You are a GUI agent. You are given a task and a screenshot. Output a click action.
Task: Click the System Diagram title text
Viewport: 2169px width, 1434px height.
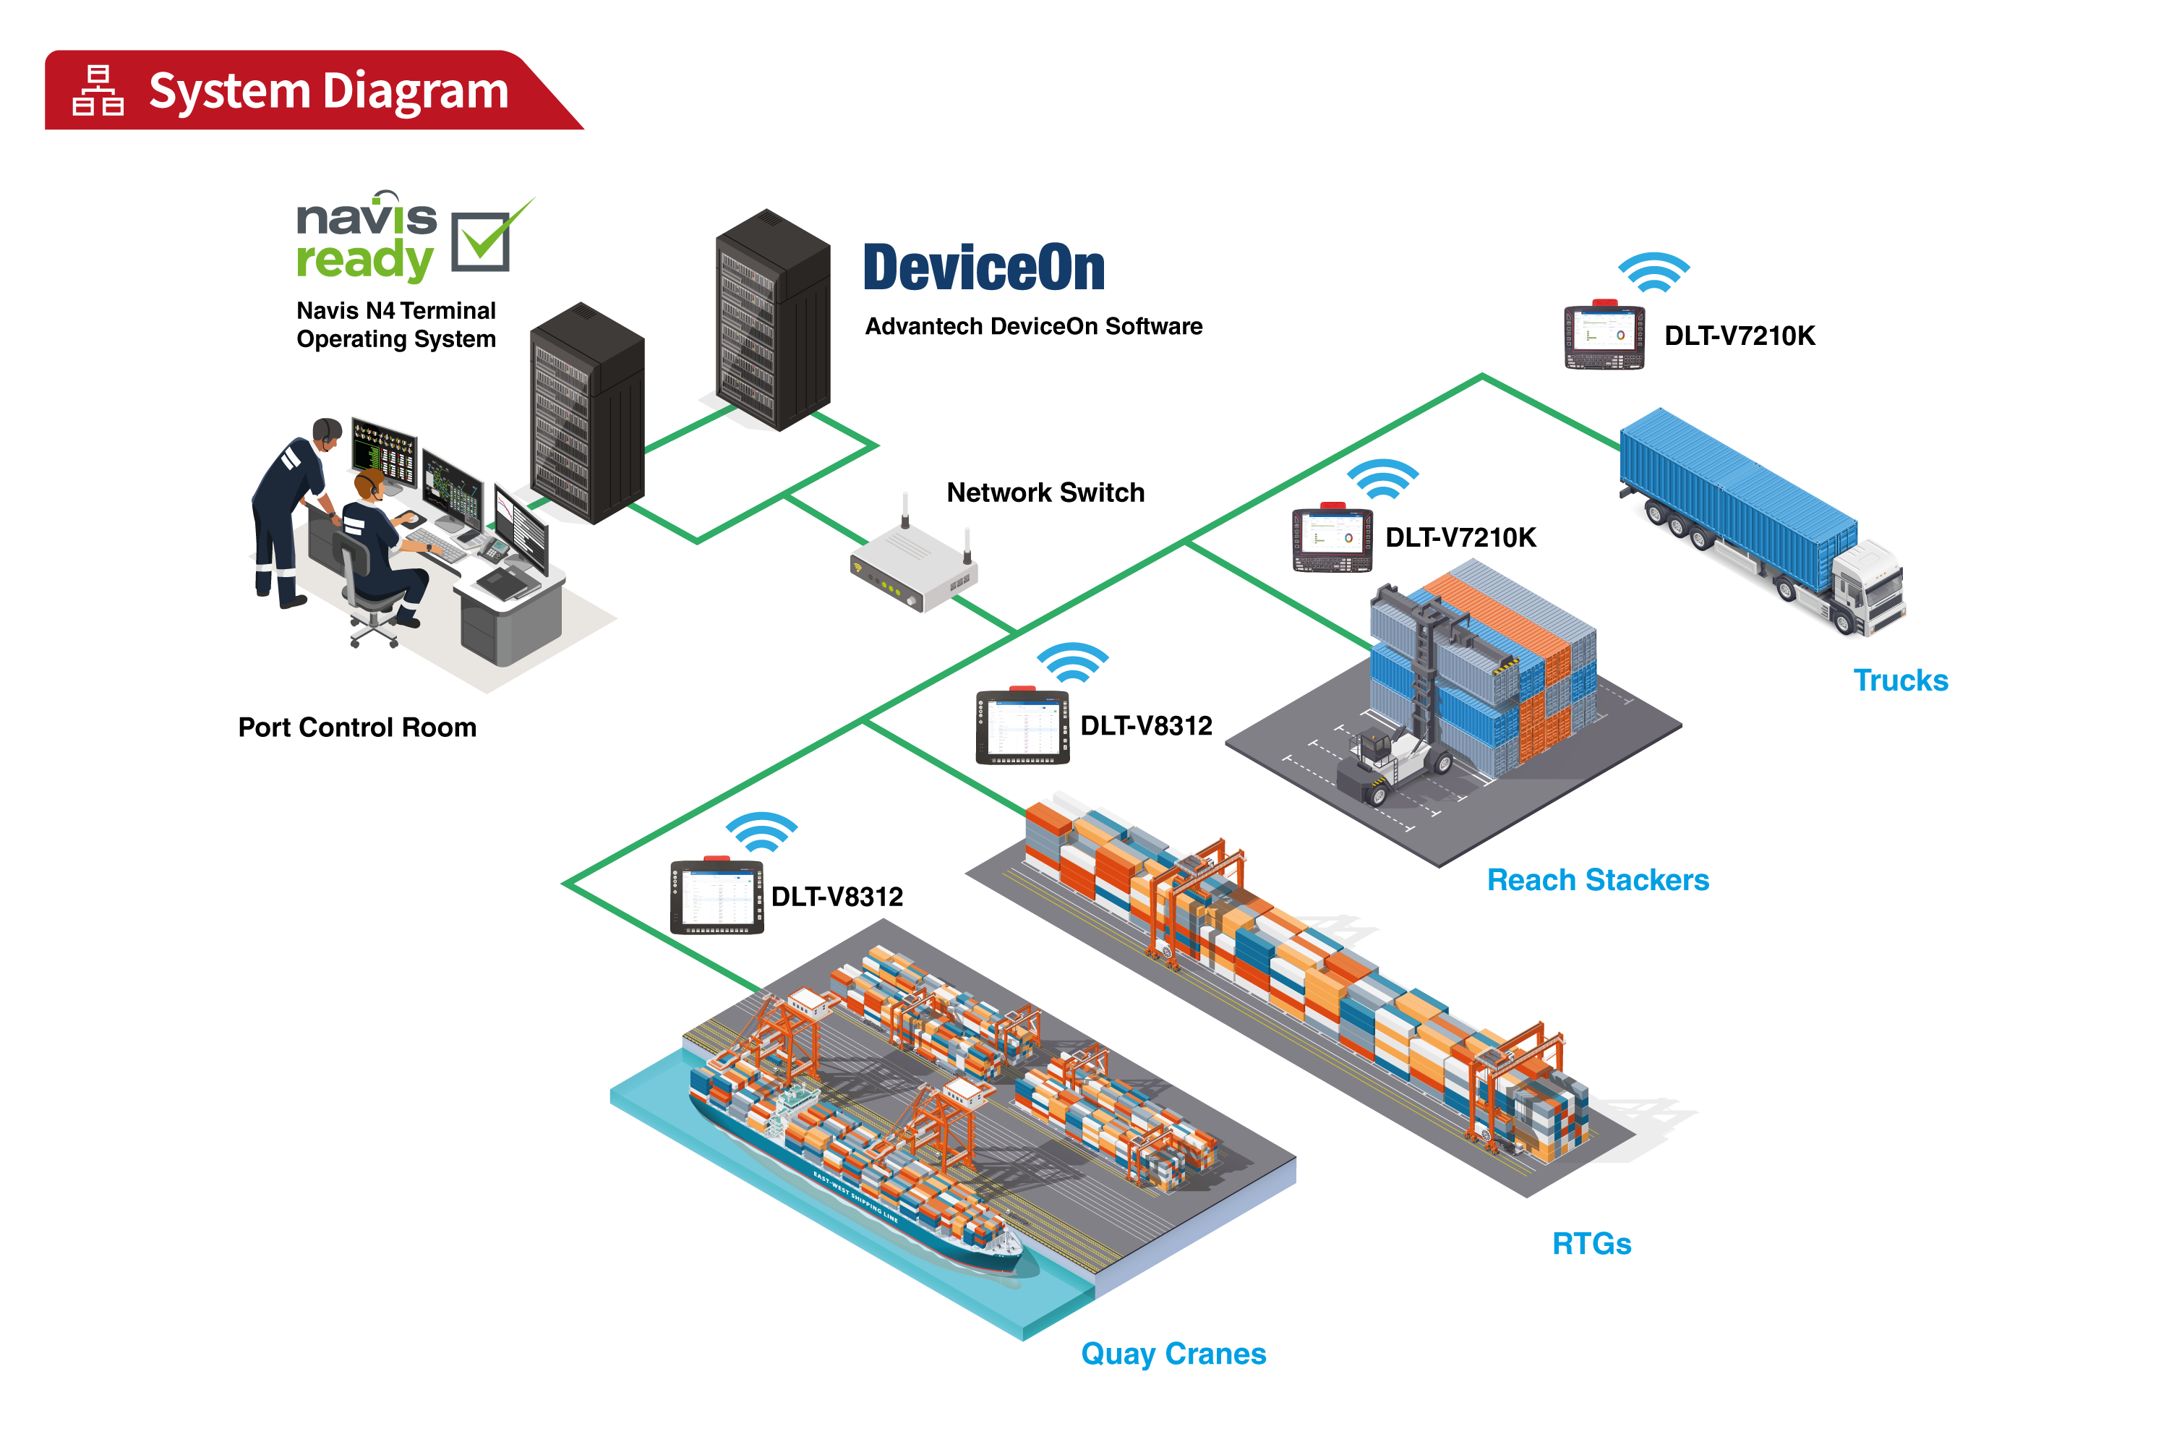pos(328,91)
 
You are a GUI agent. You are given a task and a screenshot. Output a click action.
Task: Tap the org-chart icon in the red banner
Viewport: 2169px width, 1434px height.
pos(98,90)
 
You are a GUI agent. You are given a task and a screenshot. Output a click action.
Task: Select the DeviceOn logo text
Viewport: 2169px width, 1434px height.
pos(984,268)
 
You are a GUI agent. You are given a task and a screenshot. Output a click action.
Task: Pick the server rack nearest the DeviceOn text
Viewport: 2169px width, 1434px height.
pos(773,320)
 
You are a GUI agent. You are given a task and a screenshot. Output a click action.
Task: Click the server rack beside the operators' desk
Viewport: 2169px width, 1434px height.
pos(586,414)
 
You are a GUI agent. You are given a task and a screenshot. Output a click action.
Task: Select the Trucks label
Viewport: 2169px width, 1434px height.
pos(1900,680)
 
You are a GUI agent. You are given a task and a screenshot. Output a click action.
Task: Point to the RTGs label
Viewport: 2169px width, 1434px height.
pos(1591,1244)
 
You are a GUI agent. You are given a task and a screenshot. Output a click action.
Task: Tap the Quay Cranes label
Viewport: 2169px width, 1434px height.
pos(1173,1354)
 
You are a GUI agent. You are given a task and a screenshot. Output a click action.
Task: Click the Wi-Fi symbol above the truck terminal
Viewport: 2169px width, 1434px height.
pos(1654,273)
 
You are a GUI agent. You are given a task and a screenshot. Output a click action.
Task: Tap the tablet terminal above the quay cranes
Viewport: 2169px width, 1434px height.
pos(717,896)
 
